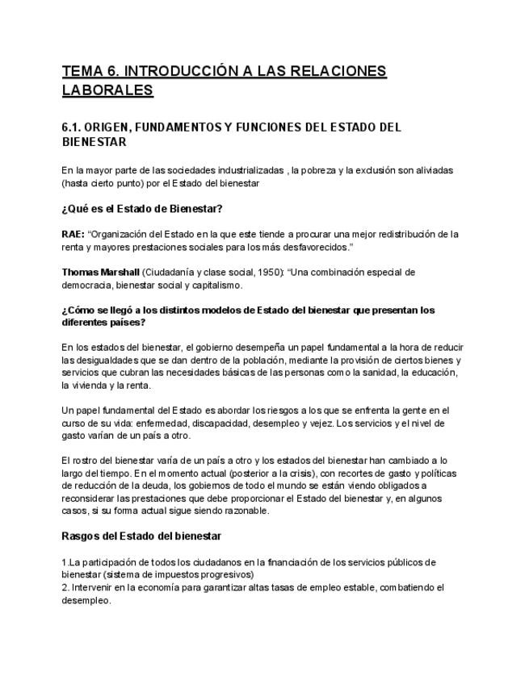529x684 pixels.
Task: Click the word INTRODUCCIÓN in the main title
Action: [x=174, y=71]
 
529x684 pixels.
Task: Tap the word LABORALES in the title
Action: [x=107, y=90]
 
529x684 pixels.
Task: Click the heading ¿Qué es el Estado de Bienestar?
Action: [x=141, y=209]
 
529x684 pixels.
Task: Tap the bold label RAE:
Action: [x=73, y=234]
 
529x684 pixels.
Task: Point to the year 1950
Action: [x=268, y=272]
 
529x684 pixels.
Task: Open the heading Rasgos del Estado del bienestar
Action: [x=141, y=536]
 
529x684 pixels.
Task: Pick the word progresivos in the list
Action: [x=227, y=573]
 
